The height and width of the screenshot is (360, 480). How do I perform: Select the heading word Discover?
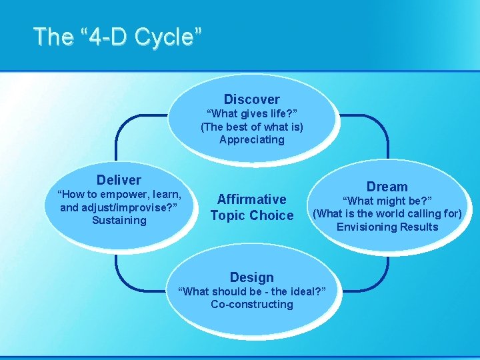click(x=251, y=99)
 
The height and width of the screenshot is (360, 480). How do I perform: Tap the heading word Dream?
click(x=387, y=187)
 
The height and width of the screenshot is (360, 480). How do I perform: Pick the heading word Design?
click(x=251, y=277)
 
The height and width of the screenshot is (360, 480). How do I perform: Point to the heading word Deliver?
click(x=119, y=180)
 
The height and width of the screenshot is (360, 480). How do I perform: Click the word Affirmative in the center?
click(x=251, y=199)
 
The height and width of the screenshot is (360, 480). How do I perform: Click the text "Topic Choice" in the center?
click(x=251, y=215)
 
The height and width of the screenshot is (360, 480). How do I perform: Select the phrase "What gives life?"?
click(x=251, y=114)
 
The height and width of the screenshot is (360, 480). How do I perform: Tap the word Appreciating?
click(x=251, y=140)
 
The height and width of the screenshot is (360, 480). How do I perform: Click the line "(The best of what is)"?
click(x=251, y=127)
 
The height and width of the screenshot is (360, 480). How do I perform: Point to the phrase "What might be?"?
click(x=387, y=201)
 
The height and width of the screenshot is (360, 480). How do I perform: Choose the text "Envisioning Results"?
click(x=387, y=227)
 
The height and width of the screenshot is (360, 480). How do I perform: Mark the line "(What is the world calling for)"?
click(x=387, y=214)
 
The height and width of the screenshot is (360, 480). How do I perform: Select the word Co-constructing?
click(x=251, y=305)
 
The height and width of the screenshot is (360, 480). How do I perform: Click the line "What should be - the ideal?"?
click(x=251, y=291)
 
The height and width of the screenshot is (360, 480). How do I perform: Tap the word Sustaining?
click(x=119, y=220)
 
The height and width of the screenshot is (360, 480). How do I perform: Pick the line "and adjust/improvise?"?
click(x=119, y=207)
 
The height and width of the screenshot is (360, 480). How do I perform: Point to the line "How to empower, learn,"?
click(x=119, y=195)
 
